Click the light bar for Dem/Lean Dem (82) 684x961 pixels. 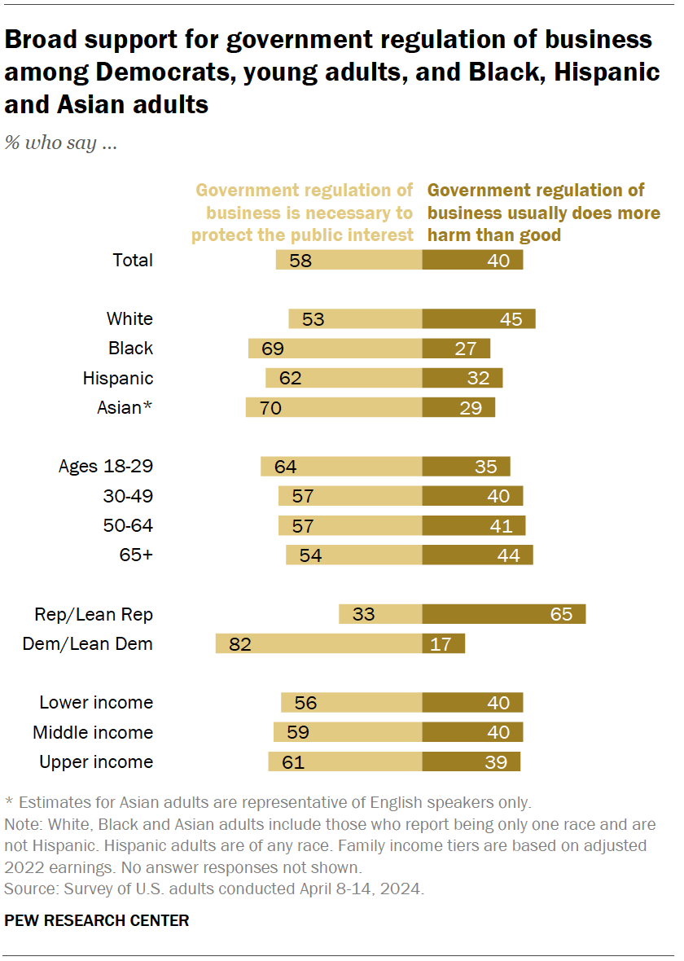pos(318,643)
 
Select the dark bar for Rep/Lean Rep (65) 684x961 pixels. pos(503,614)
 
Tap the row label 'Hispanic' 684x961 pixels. pos(117,378)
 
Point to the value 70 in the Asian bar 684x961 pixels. pos(270,408)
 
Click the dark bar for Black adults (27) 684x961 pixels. pos(456,349)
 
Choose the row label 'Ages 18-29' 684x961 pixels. pos(106,467)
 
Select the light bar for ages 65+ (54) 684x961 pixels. pos(353,555)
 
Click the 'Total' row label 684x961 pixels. pos(133,261)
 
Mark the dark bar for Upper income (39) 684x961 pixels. pos(471,761)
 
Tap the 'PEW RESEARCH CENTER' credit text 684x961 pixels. pos(97,920)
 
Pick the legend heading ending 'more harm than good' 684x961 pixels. pos(543,213)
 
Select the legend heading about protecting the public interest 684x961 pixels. pos(303,213)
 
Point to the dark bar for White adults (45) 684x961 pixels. pos(478,319)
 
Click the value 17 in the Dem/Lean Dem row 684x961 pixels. pos(441,644)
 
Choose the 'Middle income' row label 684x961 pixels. pos(93,732)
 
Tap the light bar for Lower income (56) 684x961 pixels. pos(351,703)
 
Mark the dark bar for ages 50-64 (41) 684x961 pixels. pos(473,526)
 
